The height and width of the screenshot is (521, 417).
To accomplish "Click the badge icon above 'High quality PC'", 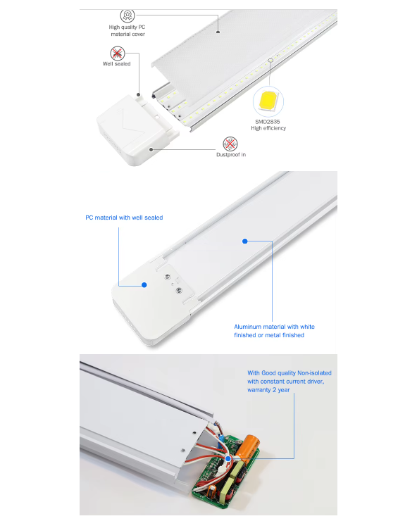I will pyautogui.click(x=127, y=15).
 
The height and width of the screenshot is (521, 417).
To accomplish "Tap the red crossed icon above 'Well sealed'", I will pyautogui.click(x=117, y=53).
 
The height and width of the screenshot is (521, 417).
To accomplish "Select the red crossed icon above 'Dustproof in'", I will pyautogui.click(x=230, y=143).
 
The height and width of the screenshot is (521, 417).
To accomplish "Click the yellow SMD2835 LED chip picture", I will pyautogui.click(x=268, y=101).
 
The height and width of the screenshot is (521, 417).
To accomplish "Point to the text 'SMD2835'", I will pyautogui.click(x=268, y=122).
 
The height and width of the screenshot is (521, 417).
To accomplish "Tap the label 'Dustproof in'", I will pyautogui.click(x=231, y=154).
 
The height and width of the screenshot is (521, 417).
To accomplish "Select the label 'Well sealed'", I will pyautogui.click(x=117, y=64).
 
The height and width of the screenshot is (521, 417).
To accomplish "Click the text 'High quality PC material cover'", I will pyautogui.click(x=127, y=30).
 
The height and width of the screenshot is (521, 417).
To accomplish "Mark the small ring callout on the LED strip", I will pyautogui.click(x=270, y=61).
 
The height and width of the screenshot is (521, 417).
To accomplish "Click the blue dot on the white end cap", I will pyautogui.click(x=144, y=285).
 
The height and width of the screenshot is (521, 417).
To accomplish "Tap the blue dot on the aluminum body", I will pyautogui.click(x=244, y=241).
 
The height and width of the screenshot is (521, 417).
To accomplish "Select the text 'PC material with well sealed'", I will pyautogui.click(x=124, y=218).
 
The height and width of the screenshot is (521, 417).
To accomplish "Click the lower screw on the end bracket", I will pyautogui.click(x=178, y=290).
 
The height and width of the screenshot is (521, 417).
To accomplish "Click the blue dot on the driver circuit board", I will pyautogui.click(x=228, y=458).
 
